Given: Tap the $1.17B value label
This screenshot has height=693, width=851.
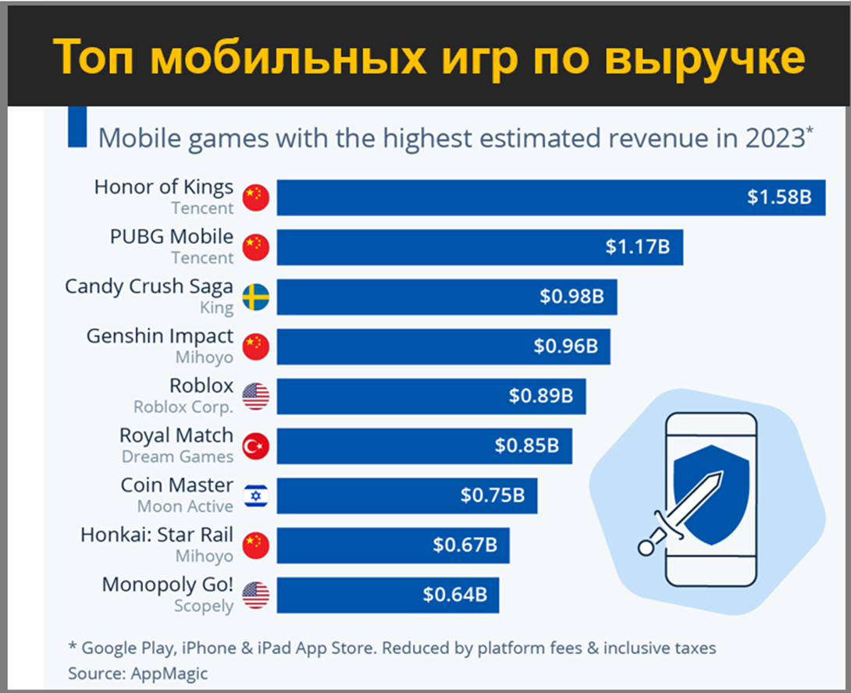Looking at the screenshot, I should [x=637, y=247].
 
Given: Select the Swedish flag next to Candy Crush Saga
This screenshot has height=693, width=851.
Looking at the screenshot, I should [x=255, y=297].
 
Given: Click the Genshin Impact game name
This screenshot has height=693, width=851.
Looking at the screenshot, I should [x=159, y=336].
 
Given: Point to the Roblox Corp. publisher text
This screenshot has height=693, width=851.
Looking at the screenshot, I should [x=183, y=407].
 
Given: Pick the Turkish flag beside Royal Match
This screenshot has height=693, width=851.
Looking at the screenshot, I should [x=255, y=446].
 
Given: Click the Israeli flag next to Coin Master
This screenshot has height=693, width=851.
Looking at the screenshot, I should [x=255, y=496].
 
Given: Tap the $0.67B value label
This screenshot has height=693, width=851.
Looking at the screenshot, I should [x=465, y=546].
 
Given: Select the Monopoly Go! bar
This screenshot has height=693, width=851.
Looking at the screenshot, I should [x=387, y=595].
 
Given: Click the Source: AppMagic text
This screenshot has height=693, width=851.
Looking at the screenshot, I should [x=138, y=673].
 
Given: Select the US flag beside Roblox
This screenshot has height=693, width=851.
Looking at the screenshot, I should [x=255, y=396].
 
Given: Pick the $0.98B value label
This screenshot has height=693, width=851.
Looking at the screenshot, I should [x=571, y=297].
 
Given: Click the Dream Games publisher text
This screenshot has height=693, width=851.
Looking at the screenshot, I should [x=177, y=457].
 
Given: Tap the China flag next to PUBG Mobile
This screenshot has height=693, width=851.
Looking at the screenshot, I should [x=255, y=247].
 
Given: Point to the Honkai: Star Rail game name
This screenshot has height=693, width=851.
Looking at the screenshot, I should [x=156, y=535].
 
